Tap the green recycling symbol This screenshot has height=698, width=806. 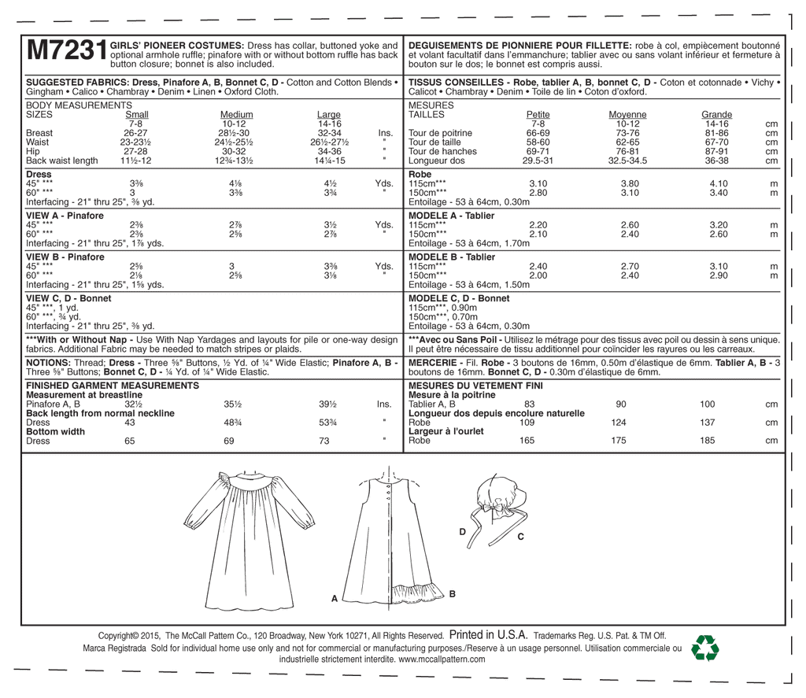coord(704,647)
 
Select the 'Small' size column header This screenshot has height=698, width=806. coord(137,115)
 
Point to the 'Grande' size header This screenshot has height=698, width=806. coord(716,115)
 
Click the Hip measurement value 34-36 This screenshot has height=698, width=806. coord(329,151)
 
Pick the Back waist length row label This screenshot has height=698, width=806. coord(62,161)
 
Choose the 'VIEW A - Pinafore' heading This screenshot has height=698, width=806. coord(65,216)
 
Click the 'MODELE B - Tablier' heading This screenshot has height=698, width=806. coord(453,257)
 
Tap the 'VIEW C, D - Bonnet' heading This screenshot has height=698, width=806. coord(68,298)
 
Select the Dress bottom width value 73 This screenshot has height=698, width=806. coord(324,441)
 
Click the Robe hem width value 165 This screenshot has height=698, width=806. coord(527,441)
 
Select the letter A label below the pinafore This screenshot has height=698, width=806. coord(334,599)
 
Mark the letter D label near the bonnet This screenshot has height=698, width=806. coord(463,533)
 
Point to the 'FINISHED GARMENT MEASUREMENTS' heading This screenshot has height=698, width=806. coord(113,386)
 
